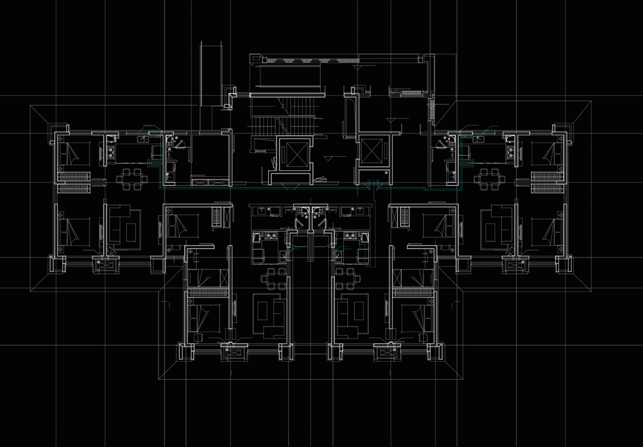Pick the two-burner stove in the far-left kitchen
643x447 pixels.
111,154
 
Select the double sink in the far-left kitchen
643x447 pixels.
143,139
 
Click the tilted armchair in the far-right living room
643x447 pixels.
511,249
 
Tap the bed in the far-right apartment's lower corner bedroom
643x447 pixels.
548,230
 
